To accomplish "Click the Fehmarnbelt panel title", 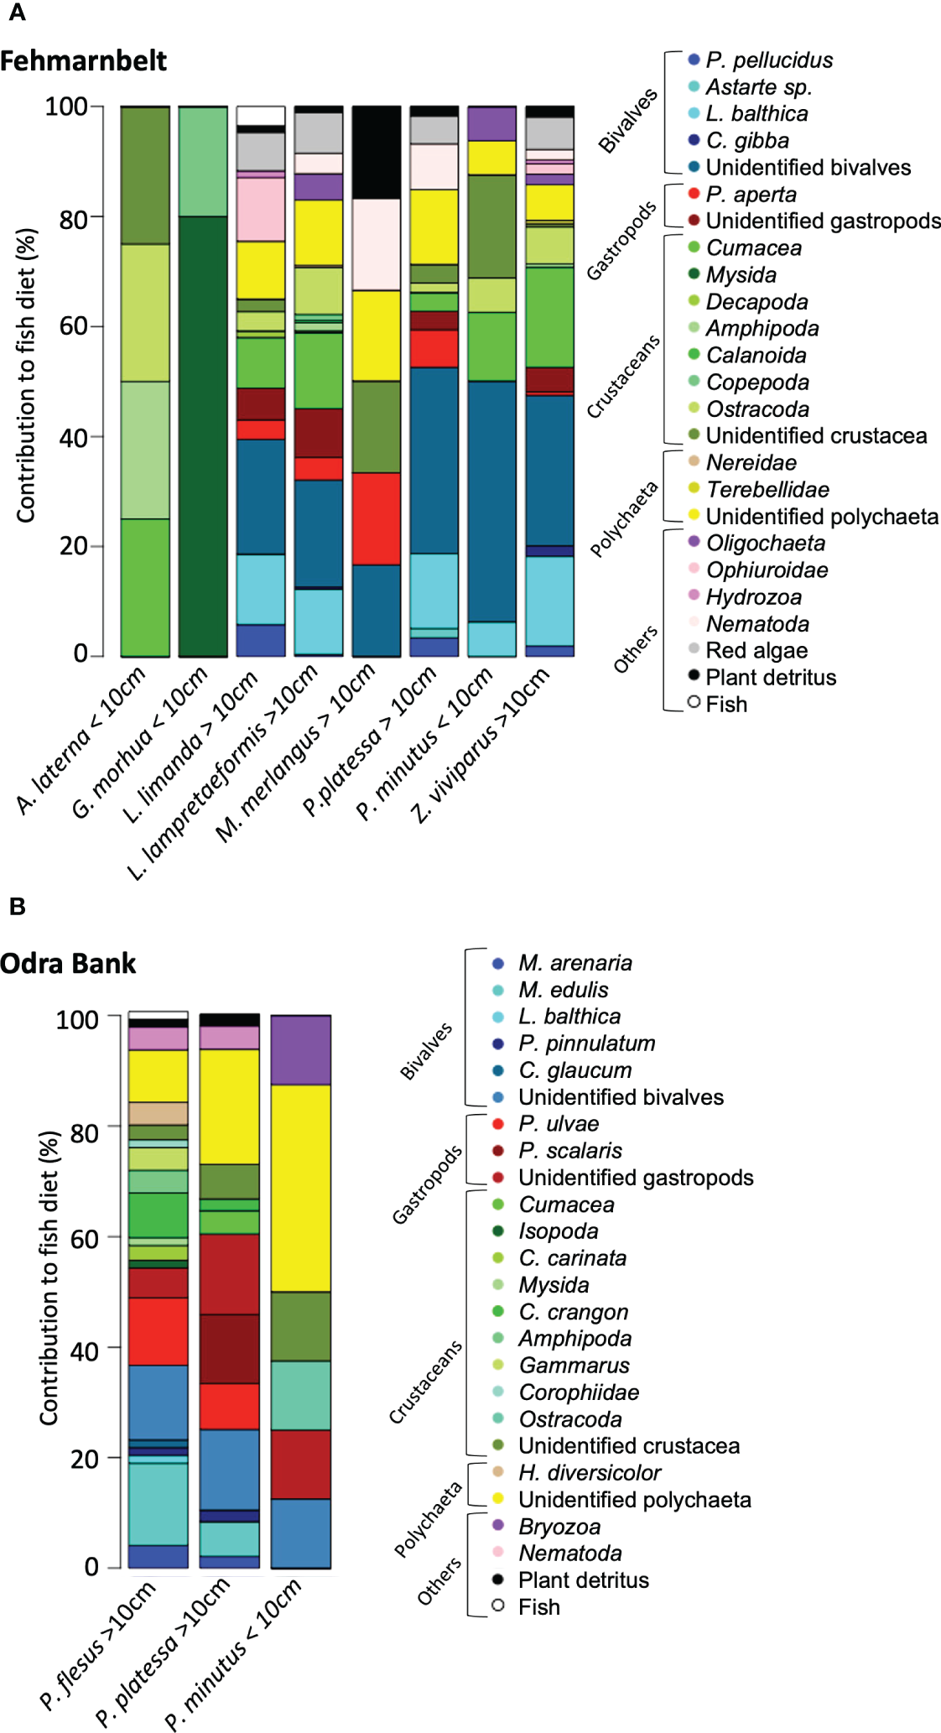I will [83, 61].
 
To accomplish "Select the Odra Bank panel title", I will [68, 964].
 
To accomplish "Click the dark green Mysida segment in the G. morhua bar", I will [203, 436].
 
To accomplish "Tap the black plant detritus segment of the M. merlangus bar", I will [377, 153].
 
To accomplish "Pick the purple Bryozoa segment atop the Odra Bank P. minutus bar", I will [300, 1049].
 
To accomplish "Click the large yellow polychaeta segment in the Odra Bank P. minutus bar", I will [300, 1188].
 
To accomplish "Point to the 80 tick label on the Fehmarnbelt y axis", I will [73, 219].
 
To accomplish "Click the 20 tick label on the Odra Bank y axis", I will [85, 1459].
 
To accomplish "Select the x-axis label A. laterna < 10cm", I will [82, 740].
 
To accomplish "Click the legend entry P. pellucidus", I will [769, 60].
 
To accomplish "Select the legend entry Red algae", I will [756, 651].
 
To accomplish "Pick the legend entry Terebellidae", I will [767, 490].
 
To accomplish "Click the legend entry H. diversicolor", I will [589, 1473].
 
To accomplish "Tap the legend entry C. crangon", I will [573, 1312].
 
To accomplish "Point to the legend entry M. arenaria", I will [574, 963].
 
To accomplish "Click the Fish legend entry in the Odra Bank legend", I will [538, 1607].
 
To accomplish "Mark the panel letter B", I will [17, 907].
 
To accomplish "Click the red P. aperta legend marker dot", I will [694, 194].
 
